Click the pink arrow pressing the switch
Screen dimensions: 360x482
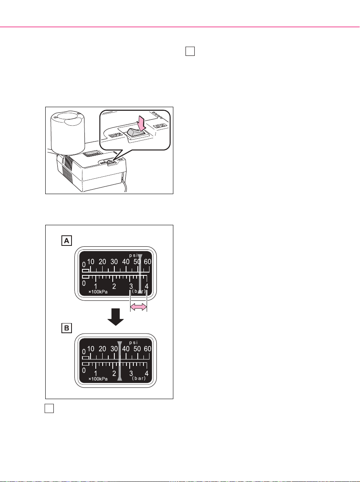[x=135, y=123]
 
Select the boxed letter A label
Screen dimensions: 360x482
[x=66, y=241]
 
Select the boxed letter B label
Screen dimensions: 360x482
[x=66, y=328]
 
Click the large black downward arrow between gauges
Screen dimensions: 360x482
[x=116, y=317]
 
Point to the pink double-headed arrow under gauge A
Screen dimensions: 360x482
[x=139, y=307]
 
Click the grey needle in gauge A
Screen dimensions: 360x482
[x=140, y=274]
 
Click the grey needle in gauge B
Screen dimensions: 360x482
[x=120, y=361]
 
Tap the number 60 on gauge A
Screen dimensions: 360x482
[x=148, y=262]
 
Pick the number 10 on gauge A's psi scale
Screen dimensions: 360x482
[x=91, y=262]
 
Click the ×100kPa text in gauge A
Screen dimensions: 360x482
[x=98, y=292]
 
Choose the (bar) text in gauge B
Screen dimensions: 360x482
[x=139, y=378]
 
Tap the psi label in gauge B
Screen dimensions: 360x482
[x=133, y=342]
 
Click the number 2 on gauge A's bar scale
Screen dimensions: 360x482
[x=114, y=287]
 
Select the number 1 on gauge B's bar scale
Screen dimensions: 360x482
[x=95, y=374]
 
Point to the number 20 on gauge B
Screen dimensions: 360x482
[x=103, y=349]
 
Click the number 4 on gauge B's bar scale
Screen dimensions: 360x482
[x=147, y=374]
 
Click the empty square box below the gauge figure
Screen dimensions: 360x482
[x=49, y=408]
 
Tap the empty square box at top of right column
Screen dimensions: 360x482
[x=190, y=51]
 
